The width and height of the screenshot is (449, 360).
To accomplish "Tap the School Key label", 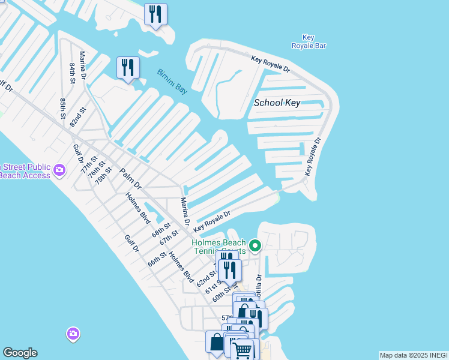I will tap(277, 103).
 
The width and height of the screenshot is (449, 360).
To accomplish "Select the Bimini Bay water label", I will tap(172, 82).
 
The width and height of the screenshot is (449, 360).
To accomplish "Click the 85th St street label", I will tap(62, 108).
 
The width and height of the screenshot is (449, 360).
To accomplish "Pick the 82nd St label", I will tap(78, 117).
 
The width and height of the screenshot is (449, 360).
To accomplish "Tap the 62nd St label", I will tap(208, 278).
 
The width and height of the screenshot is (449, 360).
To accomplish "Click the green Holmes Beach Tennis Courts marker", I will tap(255, 245).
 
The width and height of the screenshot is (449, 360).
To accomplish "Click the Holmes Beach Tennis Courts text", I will tap(218, 247).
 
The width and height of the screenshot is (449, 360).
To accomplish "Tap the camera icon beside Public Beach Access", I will tap(59, 170).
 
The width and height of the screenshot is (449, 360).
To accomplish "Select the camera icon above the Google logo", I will tap(73, 333).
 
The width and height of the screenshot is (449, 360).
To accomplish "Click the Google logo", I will tap(20, 353).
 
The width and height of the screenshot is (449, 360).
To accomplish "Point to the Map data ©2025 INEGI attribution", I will tap(413, 355).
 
